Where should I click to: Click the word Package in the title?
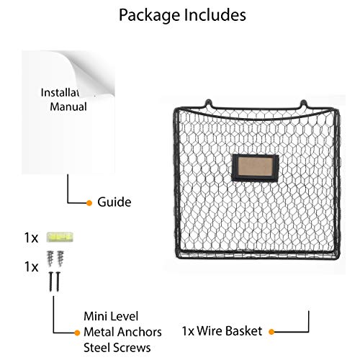[149, 16]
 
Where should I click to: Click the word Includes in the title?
[215, 15]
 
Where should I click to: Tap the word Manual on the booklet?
[68, 107]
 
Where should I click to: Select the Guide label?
[114, 202]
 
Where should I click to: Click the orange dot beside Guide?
[89, 203]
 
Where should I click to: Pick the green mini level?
[60, 237]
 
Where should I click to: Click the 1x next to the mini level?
[31, 238]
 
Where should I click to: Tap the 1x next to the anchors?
[31, 267]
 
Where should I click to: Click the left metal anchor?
[50, 258]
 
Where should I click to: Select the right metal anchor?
[60, 258]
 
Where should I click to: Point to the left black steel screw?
[51, 282]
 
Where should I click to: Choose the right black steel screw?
[58, 282]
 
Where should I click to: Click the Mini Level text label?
[111, 316]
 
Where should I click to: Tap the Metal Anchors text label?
[122, 332]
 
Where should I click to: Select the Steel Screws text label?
[117, 348]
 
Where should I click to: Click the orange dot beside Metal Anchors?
[77, 333]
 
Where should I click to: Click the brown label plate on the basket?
[255, 167]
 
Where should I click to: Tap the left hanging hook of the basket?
[209, 104]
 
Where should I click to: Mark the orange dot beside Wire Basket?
[271, 332]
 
